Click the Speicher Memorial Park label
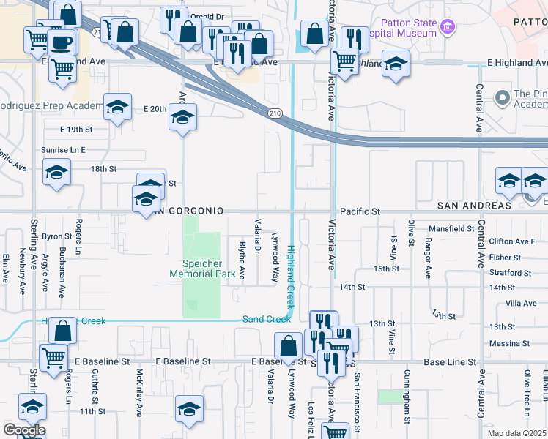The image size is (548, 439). point(201,269)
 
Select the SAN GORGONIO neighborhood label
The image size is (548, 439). point(188,211)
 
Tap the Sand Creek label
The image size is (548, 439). point(267,319)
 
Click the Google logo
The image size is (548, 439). point(23,430)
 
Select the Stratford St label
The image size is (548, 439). point(511,273)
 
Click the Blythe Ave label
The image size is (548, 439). point(242,259)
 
